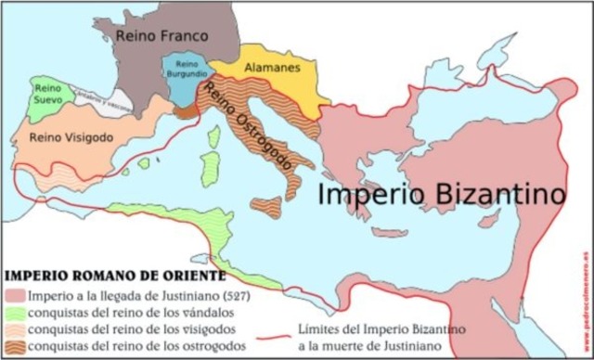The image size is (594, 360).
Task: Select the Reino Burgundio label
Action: click(182, 70)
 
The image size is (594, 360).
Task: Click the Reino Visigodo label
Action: click(71, 136)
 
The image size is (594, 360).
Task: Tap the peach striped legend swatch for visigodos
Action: click(13, 328)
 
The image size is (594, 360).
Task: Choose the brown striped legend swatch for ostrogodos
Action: click(13, 345)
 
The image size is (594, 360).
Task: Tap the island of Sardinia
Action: click(211, 170)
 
